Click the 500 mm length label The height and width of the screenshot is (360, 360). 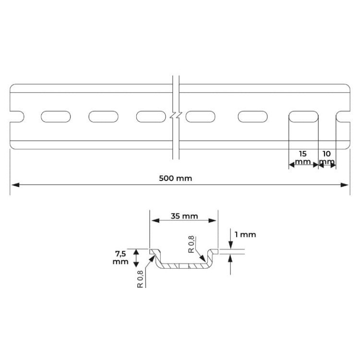tap(175, 179)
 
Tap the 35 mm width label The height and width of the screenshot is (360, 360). tap(184, 216)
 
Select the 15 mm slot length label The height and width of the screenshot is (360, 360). tap(303, 158)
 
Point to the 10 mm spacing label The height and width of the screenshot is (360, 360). tap(327, 158)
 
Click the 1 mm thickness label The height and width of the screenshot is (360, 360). tap(245, 235)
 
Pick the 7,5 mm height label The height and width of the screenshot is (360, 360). tap(120, 258)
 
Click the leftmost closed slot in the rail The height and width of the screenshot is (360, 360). tap(56, 117)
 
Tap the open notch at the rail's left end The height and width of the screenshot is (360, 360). tap(17, 117)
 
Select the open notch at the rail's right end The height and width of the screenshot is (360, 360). tap(343, 117)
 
